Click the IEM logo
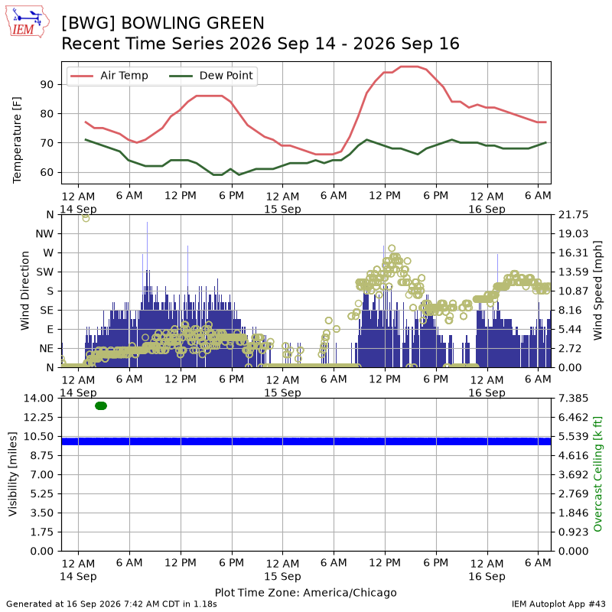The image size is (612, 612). (x=28, y=22)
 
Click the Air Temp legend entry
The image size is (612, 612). (x=109, y=75)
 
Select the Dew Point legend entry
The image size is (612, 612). (x=211, y=75)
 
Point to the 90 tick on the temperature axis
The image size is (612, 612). (x=47, y=84)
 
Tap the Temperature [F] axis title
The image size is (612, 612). (x=16, y=140)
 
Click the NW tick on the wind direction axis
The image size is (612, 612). (x=44, y=234)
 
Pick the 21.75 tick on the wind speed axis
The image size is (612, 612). (x=573, y=215)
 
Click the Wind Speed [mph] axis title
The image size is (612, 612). (x=597, y=291)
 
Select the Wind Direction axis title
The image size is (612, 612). (x=24, y=291)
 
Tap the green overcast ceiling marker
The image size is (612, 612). (x=101, y=406)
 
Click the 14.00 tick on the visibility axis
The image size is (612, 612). (x=38, y=398)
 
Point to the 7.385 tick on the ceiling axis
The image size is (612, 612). (x=573, y=398)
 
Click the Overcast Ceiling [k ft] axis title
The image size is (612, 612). (x=597, y=474)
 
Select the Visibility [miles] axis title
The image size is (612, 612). (x=13, y=474)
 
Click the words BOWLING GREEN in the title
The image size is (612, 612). (x=193, y=23)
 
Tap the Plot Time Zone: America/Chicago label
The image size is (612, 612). (x=305, y=592)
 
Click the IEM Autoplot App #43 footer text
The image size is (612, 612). (x=558, y=604)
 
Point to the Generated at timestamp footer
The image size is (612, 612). (x=112, y=604)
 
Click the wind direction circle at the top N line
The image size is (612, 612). (x=86, y=218)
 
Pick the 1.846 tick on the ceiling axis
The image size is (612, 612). (x=573, y=513)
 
